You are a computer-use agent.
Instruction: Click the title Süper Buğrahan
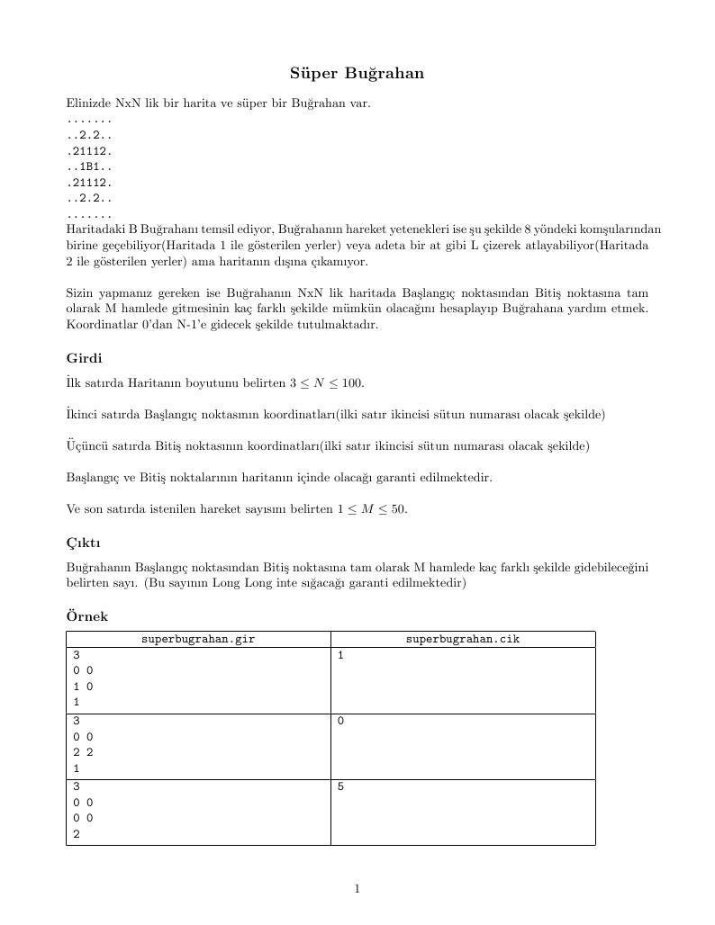(357, 73)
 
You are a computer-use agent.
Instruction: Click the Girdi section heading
(84, 358)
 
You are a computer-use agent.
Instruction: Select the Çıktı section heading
(83, 543)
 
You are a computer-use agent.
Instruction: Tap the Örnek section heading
(86, 616)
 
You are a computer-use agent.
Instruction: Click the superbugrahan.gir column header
(198, 640)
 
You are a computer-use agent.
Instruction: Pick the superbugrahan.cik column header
(462, 640)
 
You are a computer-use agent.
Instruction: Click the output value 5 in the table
(340, 787)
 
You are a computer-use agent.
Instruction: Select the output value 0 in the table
(340, 722)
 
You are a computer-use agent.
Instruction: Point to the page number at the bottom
(357, 889)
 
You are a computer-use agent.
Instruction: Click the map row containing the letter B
(89, 166)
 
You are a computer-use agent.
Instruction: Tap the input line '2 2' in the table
(83, 753)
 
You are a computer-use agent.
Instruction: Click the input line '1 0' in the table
(83, 687)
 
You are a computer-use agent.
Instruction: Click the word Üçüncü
(87, 446)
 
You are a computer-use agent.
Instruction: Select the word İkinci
(84, 415)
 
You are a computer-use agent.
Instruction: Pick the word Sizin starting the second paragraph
(80, 293)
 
